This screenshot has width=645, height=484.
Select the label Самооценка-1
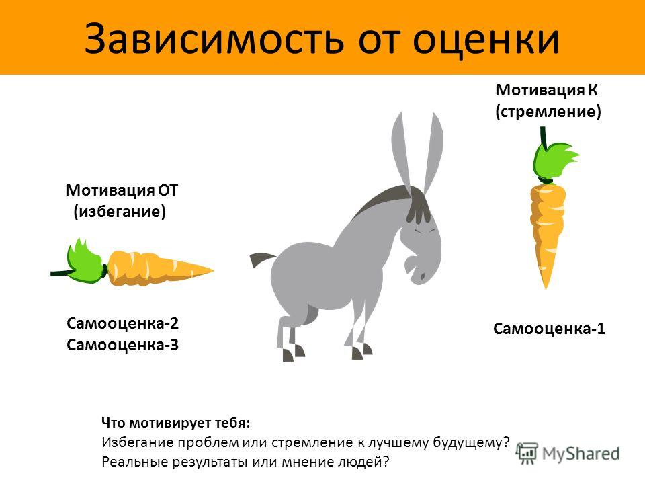[549, 329]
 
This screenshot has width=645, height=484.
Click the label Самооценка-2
[122, 323]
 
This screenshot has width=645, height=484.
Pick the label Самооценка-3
[122, 345]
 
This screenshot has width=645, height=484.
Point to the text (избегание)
[120, 212]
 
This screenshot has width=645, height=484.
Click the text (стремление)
[548, 112]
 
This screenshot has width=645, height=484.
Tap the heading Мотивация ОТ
[122, 190]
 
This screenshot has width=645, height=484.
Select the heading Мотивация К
[546, 89]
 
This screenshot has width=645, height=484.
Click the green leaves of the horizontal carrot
[85, 261]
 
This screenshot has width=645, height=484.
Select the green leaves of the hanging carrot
[553, 161]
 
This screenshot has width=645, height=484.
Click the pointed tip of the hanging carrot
[547, 288]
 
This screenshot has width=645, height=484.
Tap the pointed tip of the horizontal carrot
[212, 270]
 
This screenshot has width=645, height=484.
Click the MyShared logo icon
[527, 454]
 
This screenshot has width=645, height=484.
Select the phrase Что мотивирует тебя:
[175, 423]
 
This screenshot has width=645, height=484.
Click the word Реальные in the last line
[134, 462]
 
